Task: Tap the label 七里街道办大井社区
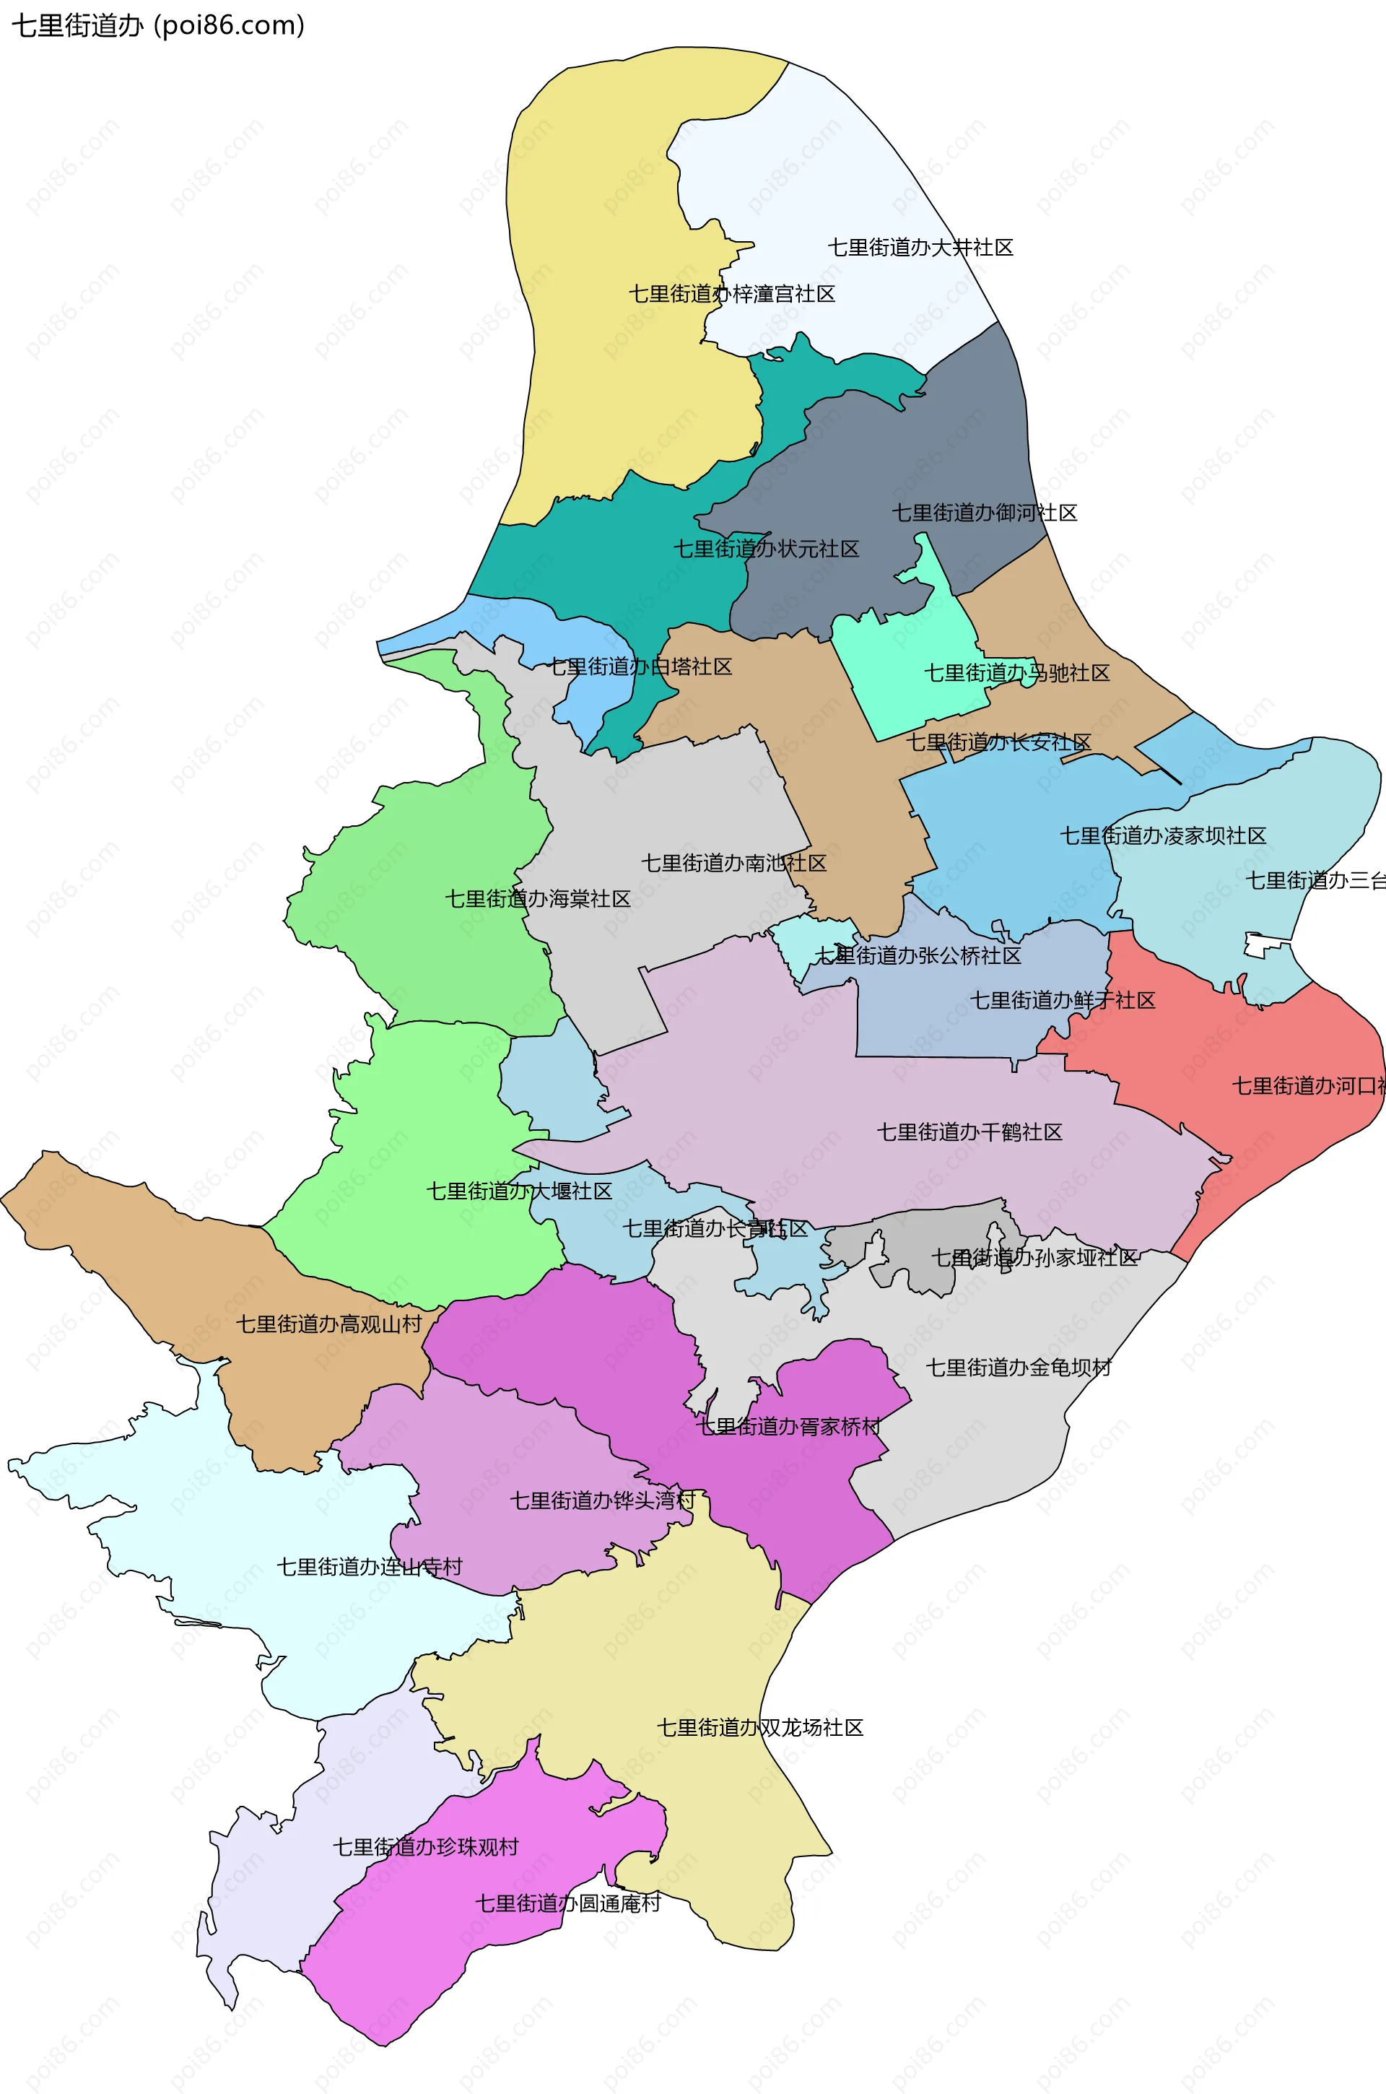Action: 920,248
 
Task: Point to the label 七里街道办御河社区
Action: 985,513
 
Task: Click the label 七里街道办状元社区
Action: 767,549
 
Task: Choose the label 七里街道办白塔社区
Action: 640,666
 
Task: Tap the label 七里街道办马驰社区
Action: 1016,673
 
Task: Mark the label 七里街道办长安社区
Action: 999,742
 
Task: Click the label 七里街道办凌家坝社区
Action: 1163,835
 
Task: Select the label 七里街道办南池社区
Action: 733,863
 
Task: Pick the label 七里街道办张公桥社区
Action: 918,955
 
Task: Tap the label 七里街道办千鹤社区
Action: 969,1132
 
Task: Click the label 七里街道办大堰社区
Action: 520,1191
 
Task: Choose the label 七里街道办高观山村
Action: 329,1324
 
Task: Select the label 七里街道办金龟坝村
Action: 1019,1368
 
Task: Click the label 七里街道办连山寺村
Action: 370,1566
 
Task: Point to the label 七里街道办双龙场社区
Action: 760,1727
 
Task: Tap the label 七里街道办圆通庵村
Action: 568,1903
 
